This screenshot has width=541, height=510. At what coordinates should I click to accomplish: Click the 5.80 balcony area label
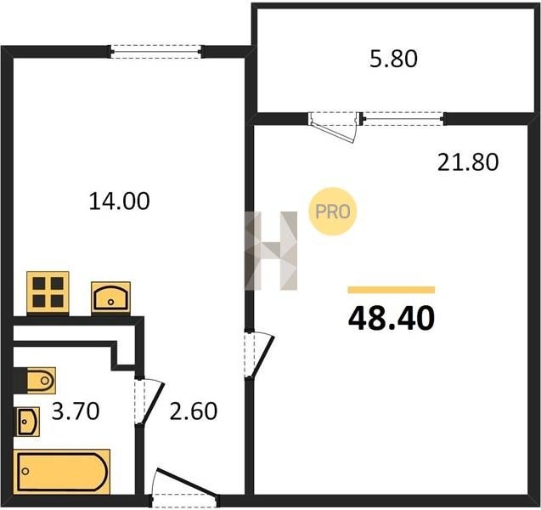click(x=393, y=59)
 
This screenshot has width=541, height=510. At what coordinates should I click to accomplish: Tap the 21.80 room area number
click(x=468, y=162)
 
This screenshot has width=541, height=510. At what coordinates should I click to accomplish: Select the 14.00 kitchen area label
click(x=120, y=201)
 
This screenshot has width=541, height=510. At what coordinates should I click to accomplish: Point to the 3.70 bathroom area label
click(x=76, y=411)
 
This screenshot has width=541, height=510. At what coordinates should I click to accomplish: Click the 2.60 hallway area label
click(x=194, y=411)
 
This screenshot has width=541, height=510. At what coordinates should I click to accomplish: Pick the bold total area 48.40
click(x=392, y=319)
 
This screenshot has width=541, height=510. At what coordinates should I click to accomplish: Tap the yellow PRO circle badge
click(x=332, y=212)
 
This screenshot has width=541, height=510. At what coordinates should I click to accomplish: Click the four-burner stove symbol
click(x=48, y=293)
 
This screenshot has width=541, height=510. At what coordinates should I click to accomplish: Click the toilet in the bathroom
click(x=41, y=381)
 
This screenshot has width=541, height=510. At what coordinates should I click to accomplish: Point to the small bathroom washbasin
click(x=27, y=422)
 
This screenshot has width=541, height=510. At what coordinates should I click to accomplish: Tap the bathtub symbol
click(x=62, y=472)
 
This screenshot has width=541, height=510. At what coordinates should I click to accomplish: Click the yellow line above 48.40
click(x=392, y=290)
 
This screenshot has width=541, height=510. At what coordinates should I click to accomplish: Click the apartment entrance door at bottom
click(x=186, y=488)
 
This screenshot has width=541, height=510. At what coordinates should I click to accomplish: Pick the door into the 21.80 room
click(x=260, y=355)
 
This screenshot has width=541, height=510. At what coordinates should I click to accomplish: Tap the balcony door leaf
click(x=333, y=128)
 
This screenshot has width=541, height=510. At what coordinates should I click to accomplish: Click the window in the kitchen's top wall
click(x=156, y=52)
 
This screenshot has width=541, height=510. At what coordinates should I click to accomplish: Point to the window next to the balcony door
click(x=403, y=119)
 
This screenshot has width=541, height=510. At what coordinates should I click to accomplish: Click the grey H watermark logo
click(x=271, y=251)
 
